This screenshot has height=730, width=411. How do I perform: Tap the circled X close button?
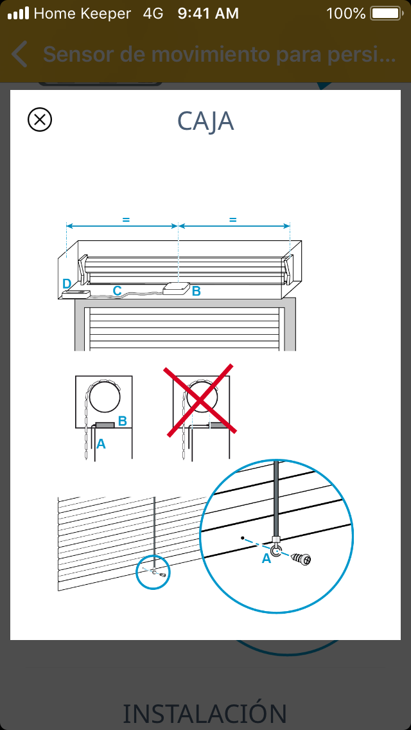point(40,120)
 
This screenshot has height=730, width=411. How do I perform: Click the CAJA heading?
point(205,121)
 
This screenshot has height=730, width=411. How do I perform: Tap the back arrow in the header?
point(19,54)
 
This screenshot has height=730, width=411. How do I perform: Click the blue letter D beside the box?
point(67,283)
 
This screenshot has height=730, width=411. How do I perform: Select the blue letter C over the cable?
point(118,290)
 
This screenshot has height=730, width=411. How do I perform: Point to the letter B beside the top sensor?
point(197,292)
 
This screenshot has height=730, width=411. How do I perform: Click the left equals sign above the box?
point(126,220)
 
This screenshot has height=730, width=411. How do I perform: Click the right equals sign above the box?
point(233,220)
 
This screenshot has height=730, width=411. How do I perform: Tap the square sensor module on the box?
point(177,289)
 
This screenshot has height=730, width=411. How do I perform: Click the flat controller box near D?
point(76,294)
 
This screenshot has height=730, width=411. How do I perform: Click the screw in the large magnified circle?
point(301,558)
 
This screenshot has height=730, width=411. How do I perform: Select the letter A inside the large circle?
point(267,558)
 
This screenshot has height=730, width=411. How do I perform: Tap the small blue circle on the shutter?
point(153,572)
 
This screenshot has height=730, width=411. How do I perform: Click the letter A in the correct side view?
point(101,445)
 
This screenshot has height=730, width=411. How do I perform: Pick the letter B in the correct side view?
point(123,422)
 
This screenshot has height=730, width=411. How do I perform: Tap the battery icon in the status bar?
point(387,13)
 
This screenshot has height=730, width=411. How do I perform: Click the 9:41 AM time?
point(209,13)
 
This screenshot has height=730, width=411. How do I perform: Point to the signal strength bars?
point(19,13)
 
